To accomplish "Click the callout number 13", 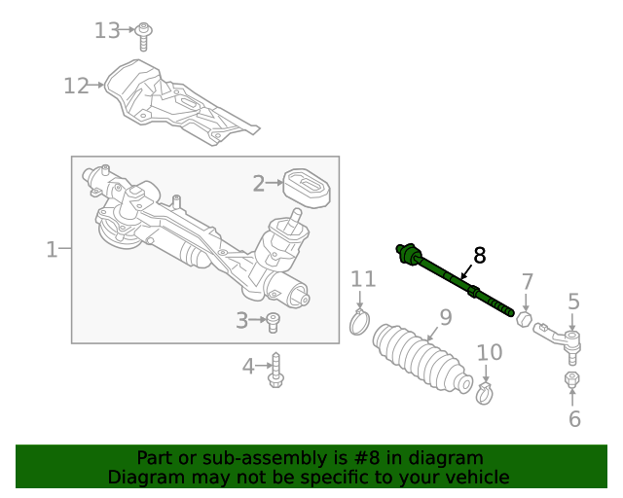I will coord(107,30).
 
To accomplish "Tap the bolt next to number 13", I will coord(143,35).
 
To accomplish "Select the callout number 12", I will coord(76,86).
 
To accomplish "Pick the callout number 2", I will coord(259,183).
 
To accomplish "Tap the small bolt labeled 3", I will coord(274,322).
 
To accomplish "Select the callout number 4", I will coord(248,367).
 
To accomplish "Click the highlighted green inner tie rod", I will coord(453,280).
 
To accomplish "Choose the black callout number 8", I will coord(478,255).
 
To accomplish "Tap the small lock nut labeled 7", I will coord(523,318).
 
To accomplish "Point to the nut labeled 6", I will coord(571,378).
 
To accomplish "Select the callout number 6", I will coord(574,419).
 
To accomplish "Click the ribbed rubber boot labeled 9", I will coord(422,359).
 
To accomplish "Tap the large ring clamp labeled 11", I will coord(361,320).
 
